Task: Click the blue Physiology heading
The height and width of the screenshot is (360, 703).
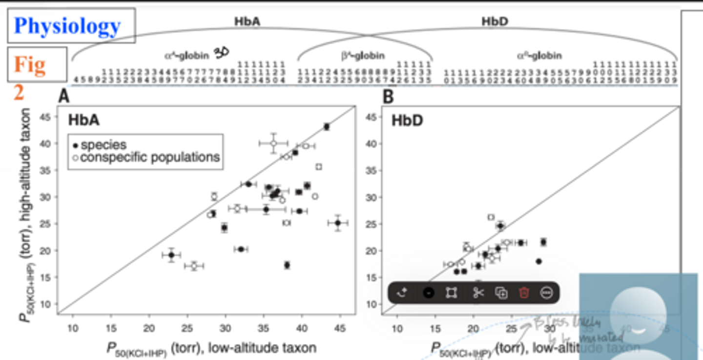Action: (67, 26)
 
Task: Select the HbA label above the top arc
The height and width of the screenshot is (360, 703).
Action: (247, 21)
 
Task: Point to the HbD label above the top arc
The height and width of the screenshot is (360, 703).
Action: (494, 21)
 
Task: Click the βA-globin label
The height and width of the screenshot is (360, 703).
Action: (363, 56)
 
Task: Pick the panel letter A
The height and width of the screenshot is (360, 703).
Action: (64, 97)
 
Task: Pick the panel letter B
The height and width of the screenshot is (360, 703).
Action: (388, 97)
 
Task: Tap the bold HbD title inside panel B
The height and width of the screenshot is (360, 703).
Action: (407, 120)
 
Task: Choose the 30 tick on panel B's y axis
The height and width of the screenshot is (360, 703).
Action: (371, 197)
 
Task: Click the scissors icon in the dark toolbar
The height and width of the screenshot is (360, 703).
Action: (478, 293)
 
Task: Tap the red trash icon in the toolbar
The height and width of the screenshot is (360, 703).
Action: (524, 293)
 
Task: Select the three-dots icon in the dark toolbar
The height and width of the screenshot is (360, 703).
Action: (547, 293)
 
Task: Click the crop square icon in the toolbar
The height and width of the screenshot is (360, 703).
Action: (451, 293)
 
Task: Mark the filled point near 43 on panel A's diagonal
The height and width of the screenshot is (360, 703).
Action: (327, 127)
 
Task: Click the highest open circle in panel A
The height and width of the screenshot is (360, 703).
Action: (274, 143)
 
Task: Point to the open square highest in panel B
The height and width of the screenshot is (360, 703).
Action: (491, 217)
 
